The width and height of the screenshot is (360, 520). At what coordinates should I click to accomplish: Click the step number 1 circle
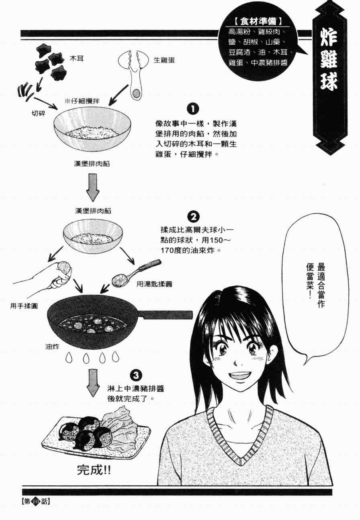tap(193, 109)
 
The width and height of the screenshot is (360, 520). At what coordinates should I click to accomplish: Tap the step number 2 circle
tap(193, 217)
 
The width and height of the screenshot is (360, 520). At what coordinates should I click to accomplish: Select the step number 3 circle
tap(136, 375)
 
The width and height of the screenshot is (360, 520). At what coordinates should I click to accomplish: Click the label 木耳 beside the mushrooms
tap(76, 58)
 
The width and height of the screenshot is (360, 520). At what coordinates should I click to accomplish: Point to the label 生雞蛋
tap(164, 60)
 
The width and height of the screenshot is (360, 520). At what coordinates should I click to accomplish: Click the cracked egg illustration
tap(135, 72)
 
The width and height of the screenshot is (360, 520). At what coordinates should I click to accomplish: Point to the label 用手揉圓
tap(24, 306)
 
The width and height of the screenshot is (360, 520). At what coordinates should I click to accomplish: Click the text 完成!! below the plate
tap(94, 469)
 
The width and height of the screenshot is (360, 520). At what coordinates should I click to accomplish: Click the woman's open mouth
tap(240, 376)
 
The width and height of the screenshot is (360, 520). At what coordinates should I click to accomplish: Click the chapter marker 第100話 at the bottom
tap(36, 501)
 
